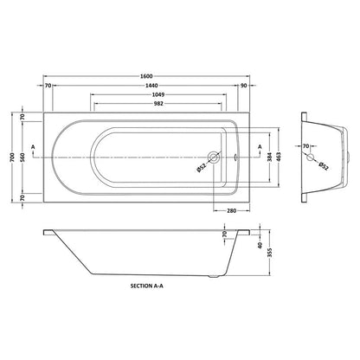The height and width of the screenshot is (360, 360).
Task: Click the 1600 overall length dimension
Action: pyautogui.click(x=146, y=76)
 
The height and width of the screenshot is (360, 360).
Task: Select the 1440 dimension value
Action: pyautogui.click(x=152, y=86)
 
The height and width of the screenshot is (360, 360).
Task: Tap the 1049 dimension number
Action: pyautogui.click(x=158, y=94)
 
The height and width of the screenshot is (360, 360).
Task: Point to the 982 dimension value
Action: pyautogui.click(x=158, y=104)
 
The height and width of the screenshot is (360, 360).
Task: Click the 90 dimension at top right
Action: pyautogui.click(x=244, y=86)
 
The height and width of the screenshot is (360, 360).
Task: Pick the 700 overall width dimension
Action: pyautogui.click(x=12, y=157)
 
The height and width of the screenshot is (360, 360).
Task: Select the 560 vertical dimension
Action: pyautogui.click(x=23, y=157)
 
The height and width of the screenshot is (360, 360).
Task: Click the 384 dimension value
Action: pyautogui.click(x=269, y=157)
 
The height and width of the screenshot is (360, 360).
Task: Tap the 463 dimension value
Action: pyautogui.click(x=279, y=157)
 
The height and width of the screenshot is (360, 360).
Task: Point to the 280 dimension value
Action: pyautogui.click(x=231, y=210)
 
